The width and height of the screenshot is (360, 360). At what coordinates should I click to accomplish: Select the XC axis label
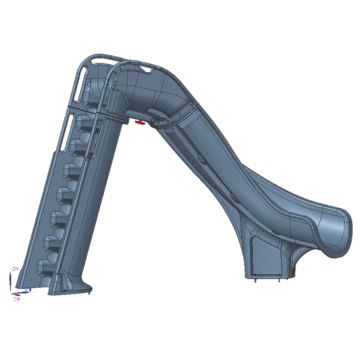tap(17, 298)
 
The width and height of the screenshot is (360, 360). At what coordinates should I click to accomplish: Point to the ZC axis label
tap(27, 288)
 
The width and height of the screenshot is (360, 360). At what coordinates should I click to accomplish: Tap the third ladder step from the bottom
tap(55, 218)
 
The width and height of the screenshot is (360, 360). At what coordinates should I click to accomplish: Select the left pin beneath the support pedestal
tap(255, 280)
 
